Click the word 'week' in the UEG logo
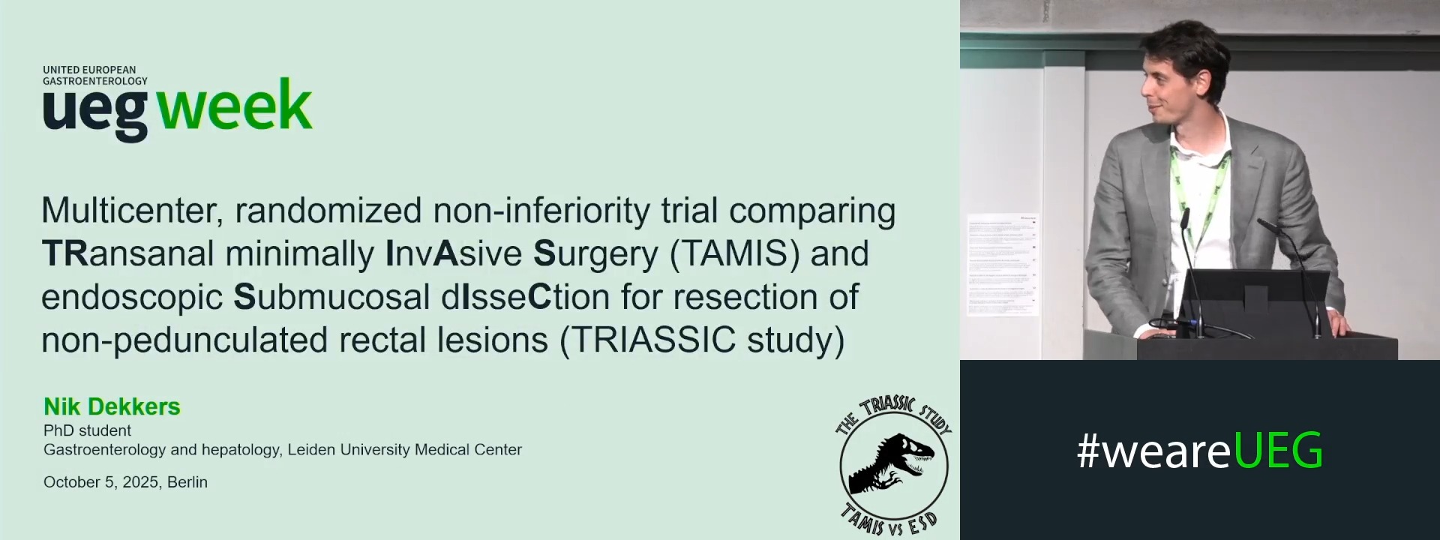[x=235, y=107]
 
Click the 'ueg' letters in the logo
[x=95, y=112]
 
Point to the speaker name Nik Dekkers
[x=112, y=406]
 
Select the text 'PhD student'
[x=87, y=430]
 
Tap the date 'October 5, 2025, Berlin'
[x=125, y=482]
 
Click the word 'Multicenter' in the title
[x=132, y=211]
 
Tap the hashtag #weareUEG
[x=1199, y=451]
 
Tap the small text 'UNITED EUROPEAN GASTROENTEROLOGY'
[x=95, y=75]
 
